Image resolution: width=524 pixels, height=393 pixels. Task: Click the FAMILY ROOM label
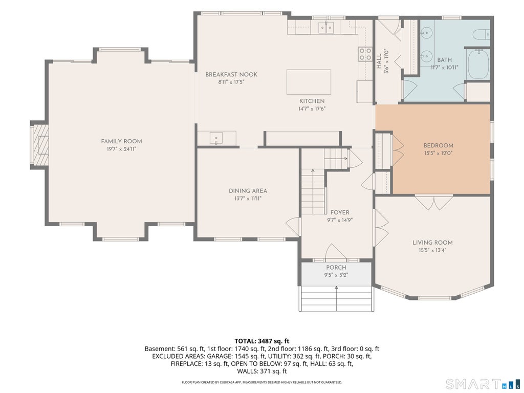pyautogui.click(x=121, y=141)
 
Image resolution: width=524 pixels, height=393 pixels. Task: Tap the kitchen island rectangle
pyautogui.click(x=309, y=82)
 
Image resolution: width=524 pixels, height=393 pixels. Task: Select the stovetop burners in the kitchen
pyautogui.click(x=365, y=54)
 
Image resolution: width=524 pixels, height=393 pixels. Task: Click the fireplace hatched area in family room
pyautogui.click(x=41, y=145)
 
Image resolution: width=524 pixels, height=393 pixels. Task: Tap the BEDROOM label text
pyautogui.click(x=439, y=145)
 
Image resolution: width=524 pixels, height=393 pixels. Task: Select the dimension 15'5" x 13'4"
pyautogui.click(x=432, y=250)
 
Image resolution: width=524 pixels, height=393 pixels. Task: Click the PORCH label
pyautogui.click(x=336, y=267)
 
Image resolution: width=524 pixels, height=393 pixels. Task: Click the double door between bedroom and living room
pyautogui.click(x=434, y=203)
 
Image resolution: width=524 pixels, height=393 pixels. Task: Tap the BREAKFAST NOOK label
pyautogui.click(x=231, y=75)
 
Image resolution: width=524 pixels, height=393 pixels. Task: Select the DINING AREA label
pyautogui.click(x=248, y=191)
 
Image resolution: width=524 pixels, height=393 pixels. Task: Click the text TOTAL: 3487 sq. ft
pyautogui.click(x=261, y=341)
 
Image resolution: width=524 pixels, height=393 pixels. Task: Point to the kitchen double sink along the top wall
pyautogui.click(x=326, y=27)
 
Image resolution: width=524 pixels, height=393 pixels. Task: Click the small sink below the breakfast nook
pyautogui.click(x=216, y=138)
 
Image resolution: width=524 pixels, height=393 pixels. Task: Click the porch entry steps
pyautogui.click(x=337, y=298)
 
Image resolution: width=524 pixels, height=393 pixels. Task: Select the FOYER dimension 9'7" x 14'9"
pyautogui.click(x=340, y=220)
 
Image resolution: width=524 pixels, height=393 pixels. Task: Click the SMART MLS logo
pyautogui.click(x=483, y=383)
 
